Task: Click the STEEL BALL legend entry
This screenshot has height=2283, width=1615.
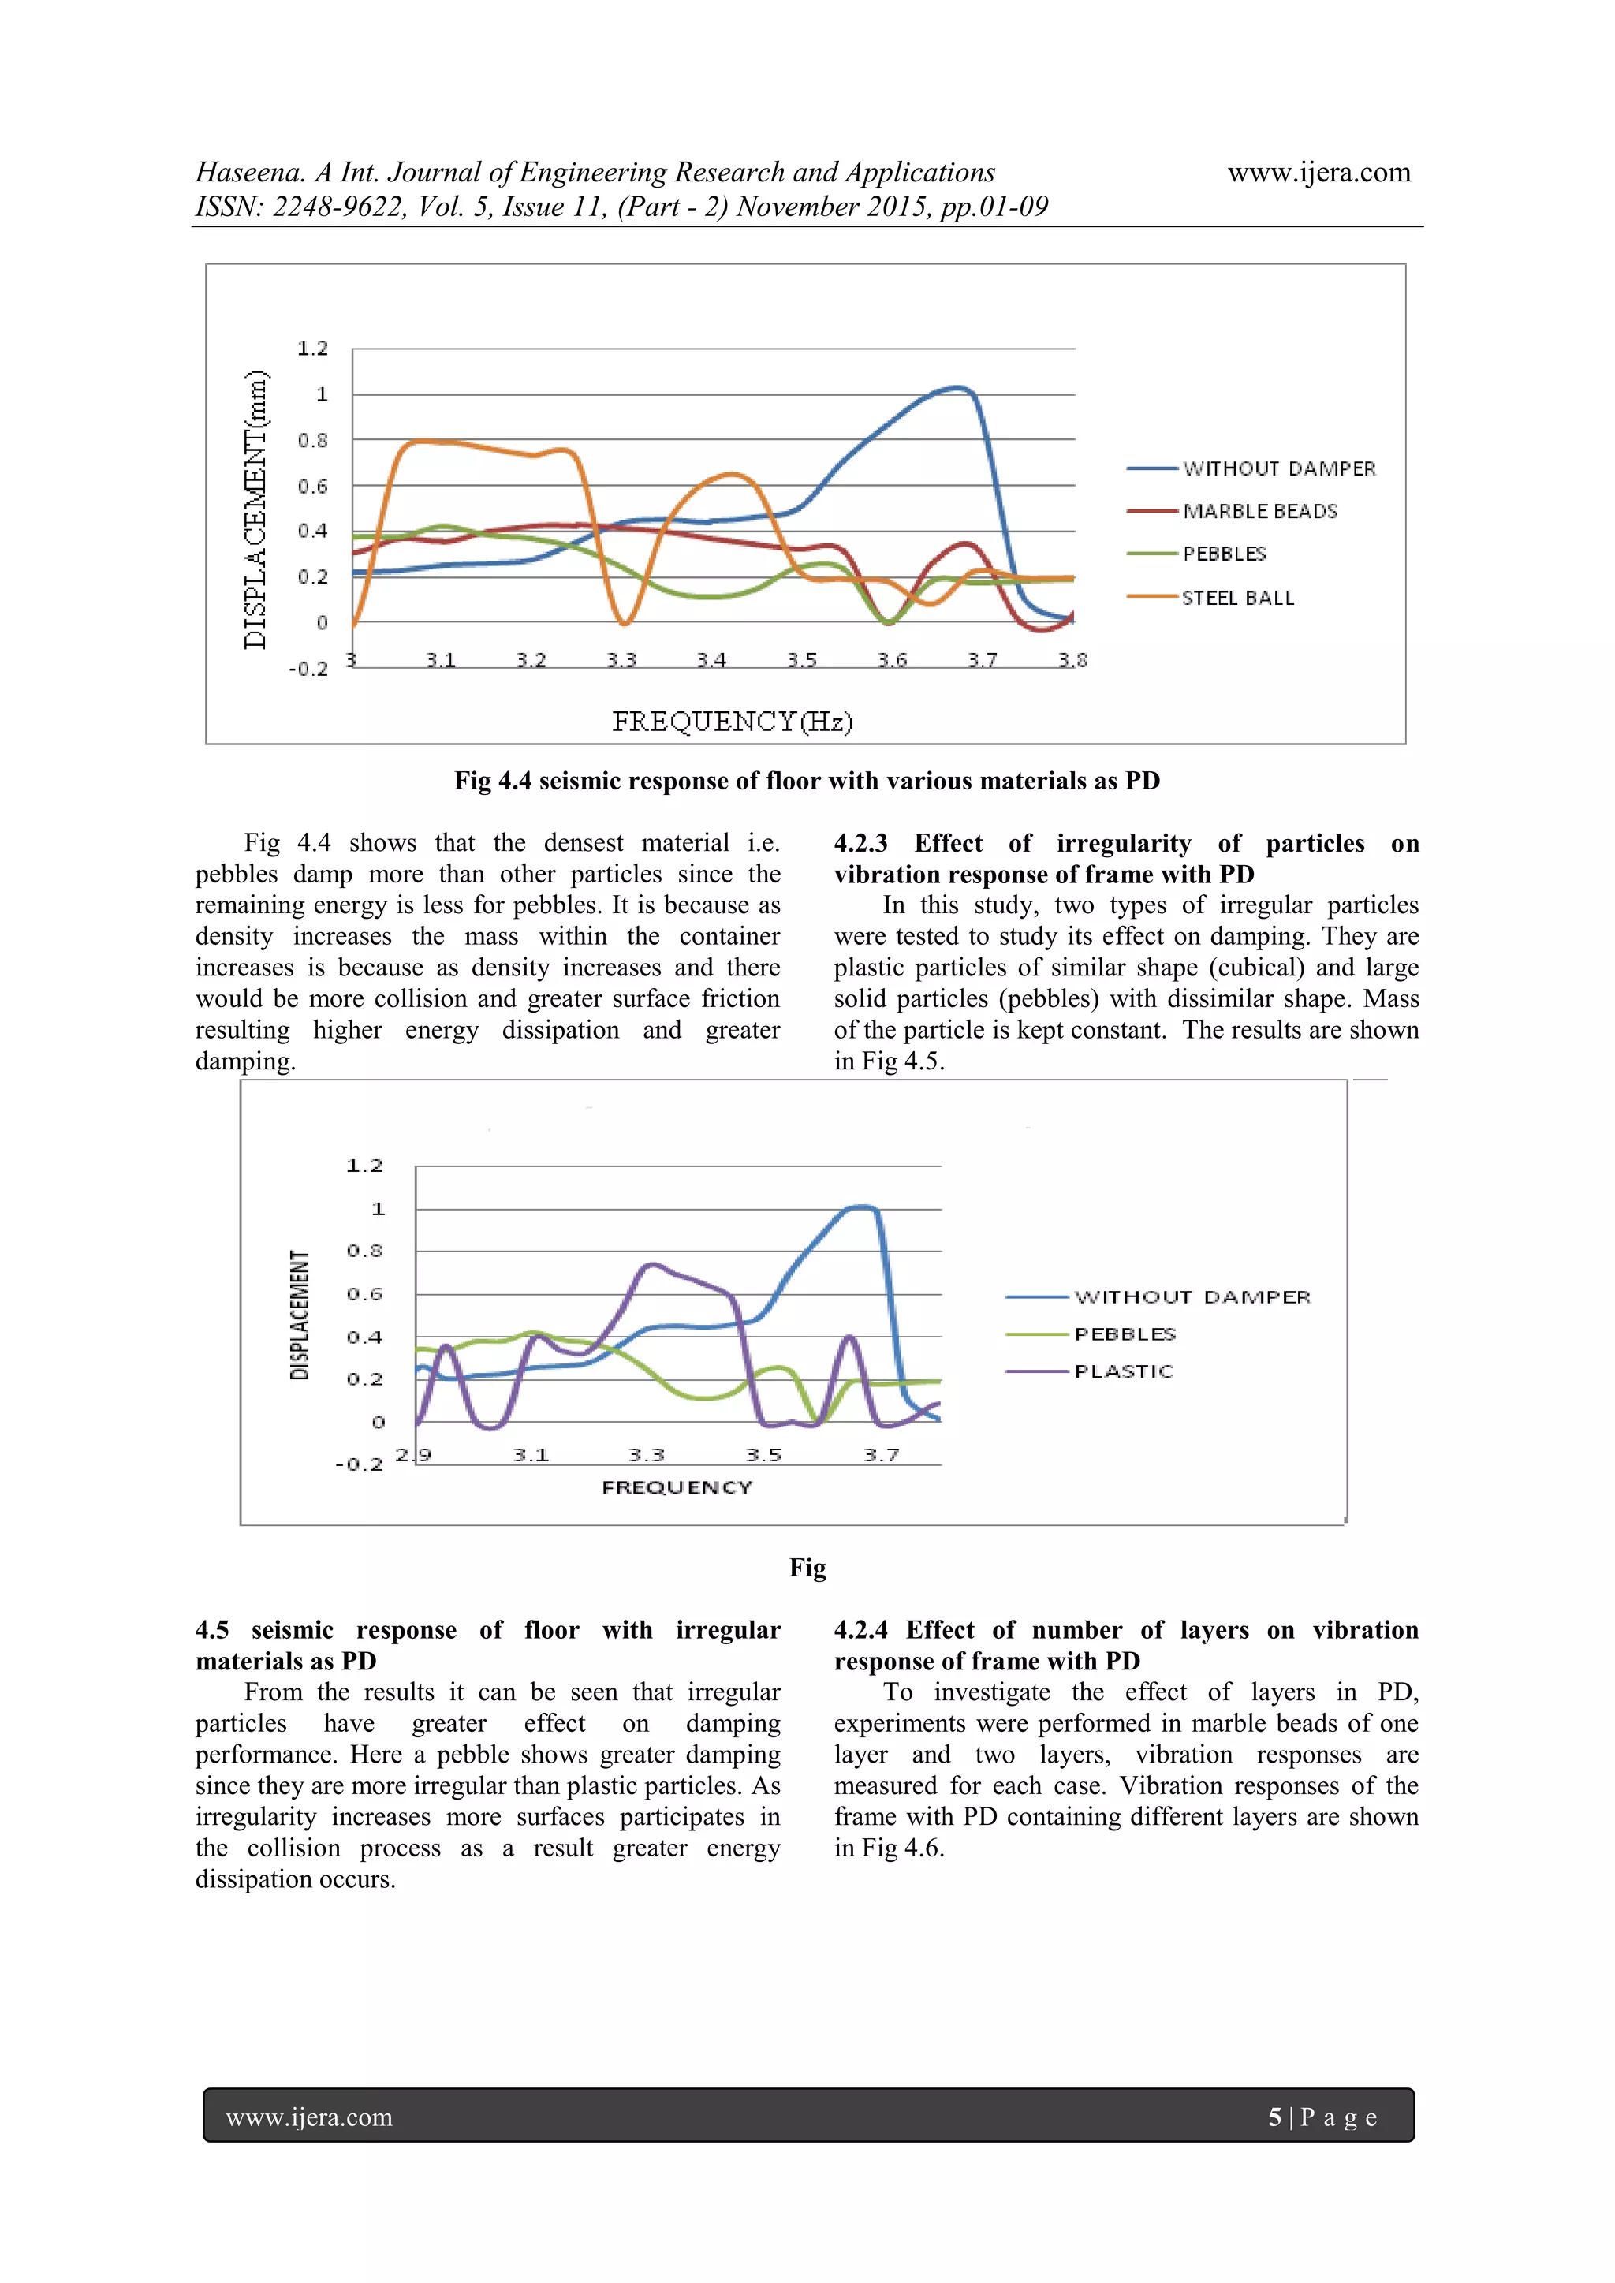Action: click(1238, 598)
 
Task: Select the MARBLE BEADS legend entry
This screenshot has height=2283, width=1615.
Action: click(1260, 511)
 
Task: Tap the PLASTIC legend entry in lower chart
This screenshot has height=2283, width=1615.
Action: click(1124, 1371)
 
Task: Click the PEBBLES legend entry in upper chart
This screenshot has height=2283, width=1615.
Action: click(1224, 554)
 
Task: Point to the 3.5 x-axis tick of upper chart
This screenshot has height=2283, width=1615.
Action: click(801, 660)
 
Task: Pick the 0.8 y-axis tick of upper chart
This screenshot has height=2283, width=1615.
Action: click(312, 441)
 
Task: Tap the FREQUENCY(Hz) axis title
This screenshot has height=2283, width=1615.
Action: click(732, 721)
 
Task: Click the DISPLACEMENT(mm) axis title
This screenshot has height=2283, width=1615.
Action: click(255, 509)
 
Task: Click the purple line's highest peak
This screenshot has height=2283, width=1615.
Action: click(651, 1265)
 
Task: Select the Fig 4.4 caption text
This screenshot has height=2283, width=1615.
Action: click(807, 781)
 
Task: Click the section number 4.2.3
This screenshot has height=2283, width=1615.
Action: click(860, 843)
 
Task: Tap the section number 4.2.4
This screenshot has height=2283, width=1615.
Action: click(860, 1630)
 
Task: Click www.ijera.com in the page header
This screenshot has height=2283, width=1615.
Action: click(1318, 172)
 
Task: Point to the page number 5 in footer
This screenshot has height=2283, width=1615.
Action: click(1274, 2117)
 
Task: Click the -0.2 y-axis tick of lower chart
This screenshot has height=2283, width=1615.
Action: click(359, 1464)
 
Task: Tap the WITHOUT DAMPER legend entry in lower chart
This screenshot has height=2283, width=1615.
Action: click(1192, 1296)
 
